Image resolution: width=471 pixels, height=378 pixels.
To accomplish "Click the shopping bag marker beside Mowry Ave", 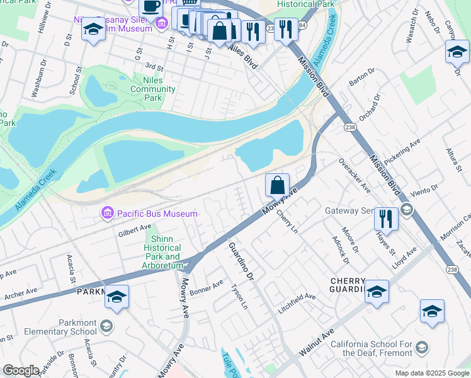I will point(277,185).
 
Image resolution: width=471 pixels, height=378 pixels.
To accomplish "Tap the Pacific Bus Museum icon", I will point(107,214).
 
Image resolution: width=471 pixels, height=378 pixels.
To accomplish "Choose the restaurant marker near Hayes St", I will point(386,219).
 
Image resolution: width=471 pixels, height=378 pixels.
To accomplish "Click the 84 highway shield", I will point(302,25).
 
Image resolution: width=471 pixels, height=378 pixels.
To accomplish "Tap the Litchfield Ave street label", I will point(298,297).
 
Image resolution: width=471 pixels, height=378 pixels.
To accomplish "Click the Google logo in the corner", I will point(21,370).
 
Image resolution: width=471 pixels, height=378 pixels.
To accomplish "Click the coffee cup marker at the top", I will point(150,6).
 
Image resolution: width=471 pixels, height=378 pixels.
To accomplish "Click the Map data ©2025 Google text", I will point(431,373).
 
